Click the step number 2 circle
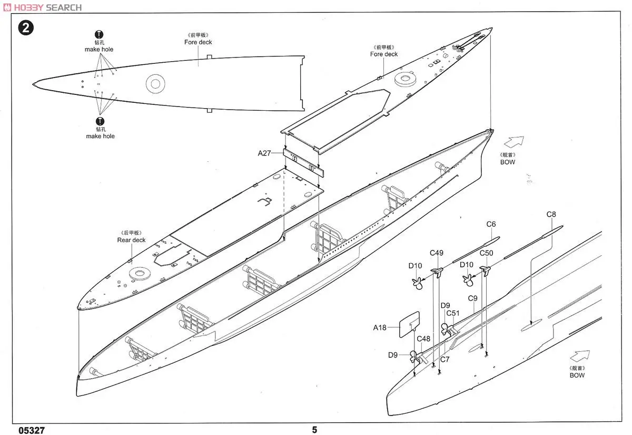(25, 28)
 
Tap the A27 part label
(264, 153)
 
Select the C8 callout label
(551, 215)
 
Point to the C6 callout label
(491, 224)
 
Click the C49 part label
(436, 253)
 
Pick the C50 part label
(486, 253)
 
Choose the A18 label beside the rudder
(380, 327)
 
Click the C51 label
(453, 313)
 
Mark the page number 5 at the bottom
(314, 430)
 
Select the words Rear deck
(131, 240)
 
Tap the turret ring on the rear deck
(140, 273)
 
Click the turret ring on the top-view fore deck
(156, 82)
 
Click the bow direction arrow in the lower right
(579, 357)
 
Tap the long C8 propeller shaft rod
(532, 240)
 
